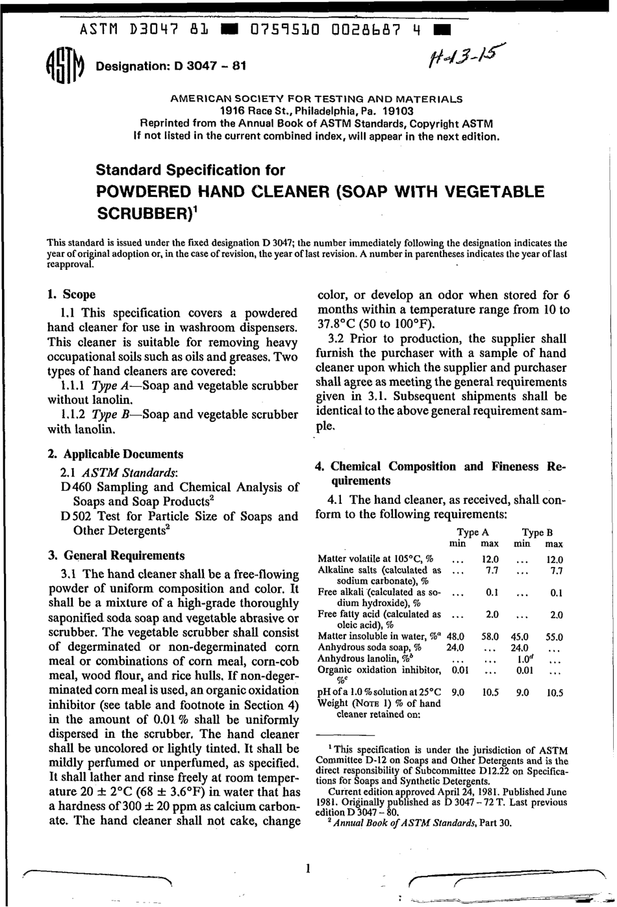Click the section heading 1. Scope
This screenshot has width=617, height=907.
click(x=71, y=295)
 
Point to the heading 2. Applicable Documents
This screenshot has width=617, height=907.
click(x=116, y=454)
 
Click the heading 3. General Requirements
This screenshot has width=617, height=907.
click(x=116, y=555)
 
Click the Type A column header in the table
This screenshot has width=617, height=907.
click(x=472, y=532)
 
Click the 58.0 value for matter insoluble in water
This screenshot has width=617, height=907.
click(x=489, y=637)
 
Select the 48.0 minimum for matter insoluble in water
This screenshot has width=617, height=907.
click(x=455, y=637)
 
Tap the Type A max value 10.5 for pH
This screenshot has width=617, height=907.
click(x=490, y=692)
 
